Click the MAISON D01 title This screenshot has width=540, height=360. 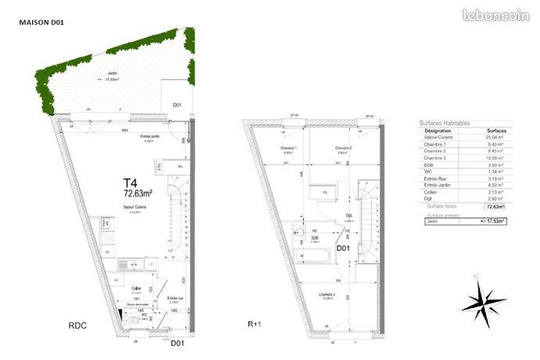(x=41, y=23)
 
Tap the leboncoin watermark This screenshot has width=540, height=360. (x=496, y=15)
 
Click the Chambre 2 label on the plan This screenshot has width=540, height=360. (x=341, y=149)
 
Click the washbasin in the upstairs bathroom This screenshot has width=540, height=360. (x=298, y=232)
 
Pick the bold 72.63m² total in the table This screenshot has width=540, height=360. (x=492, y=207)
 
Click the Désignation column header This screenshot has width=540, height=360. (x=437, y=131)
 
